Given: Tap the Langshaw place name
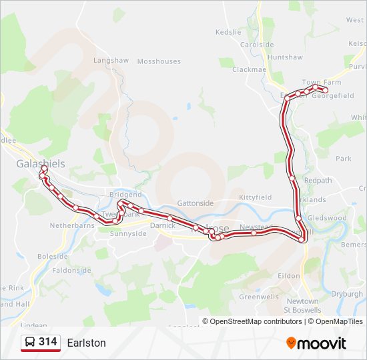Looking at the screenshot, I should click(x=110, y=60).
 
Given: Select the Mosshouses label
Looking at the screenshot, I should click(x=159, y=61).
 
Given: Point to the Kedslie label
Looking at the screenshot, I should click(x=228, y=32).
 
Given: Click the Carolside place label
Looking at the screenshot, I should click(x=257, y=45).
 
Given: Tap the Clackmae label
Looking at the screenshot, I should click(x=249, y=69).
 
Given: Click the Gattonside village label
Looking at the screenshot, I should click(x=196, y=203).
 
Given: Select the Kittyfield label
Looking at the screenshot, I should click(x=256, y=198).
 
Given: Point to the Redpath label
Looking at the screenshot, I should click(x=318, y=181).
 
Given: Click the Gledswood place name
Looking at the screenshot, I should click(x=327, y=218).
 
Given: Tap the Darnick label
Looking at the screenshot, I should click(x=163, y=226).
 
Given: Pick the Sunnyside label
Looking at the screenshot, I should click(x=128, y=234).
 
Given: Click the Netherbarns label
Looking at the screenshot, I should click(x=73, y=226).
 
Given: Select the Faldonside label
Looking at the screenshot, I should click(x=71, y=271).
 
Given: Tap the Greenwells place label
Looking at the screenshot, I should click(x=258, y=297).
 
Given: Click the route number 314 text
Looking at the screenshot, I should click(x=48, y=342).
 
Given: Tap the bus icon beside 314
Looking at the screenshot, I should click(x=30, y=343).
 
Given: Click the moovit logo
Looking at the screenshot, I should click(x=316, y=343).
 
